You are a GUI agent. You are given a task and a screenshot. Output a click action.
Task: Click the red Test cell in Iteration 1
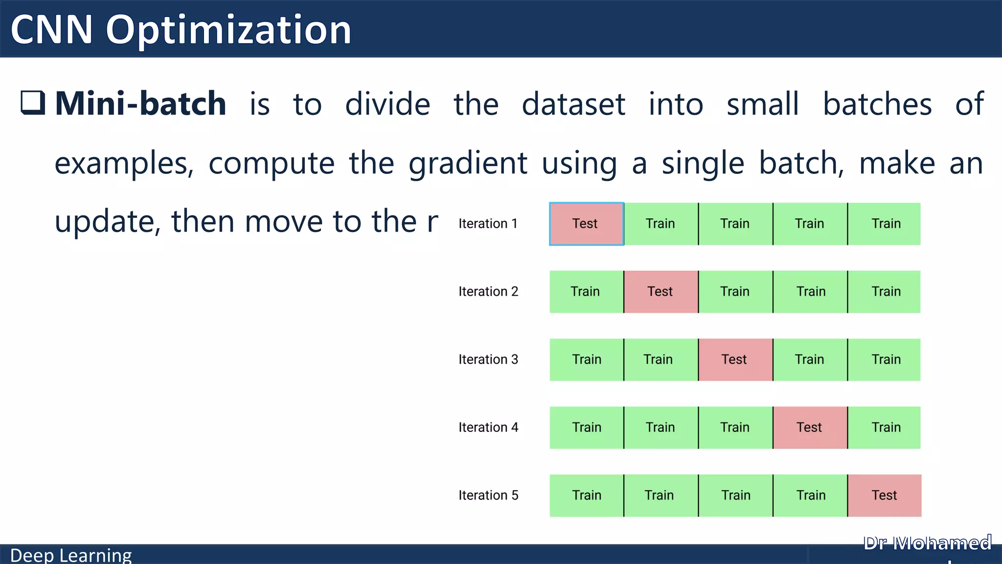[x=586, y=224]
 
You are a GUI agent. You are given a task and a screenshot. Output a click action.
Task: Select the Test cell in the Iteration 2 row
[x=660, y=292]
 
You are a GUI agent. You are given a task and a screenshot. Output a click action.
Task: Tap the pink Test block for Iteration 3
[x=735, y=360]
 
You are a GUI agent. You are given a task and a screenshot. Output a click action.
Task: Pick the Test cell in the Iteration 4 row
[x=810, y=427]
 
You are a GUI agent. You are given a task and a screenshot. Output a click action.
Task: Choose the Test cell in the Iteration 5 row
[x=884, y=495]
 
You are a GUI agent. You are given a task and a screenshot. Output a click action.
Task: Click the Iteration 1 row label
[x=488, y=224]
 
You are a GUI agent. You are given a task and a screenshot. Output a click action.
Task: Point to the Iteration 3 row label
[x=488, y=360]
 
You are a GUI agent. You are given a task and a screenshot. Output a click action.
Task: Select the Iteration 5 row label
[x=488, y=495]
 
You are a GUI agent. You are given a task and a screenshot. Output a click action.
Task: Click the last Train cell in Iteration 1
[x=885, y=224]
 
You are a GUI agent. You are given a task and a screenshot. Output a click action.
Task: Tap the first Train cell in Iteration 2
[x=586, y=292]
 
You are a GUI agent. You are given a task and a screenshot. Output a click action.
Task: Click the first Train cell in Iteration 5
[x=586, y=495]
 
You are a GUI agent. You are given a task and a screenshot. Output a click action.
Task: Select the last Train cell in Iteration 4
[x=885, y=427]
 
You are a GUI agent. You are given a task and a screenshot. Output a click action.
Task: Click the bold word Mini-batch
[x=140, y=104]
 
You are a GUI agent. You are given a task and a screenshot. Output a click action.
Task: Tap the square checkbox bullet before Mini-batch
[x=33, y=102]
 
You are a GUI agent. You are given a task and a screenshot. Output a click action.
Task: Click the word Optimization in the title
[x=228, y=30]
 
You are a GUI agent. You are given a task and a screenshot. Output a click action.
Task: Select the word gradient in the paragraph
[x=468, y=164]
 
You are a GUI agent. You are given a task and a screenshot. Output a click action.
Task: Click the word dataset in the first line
[x=573, y=104]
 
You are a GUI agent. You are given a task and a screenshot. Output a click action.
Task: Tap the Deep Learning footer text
[x=71, y=556]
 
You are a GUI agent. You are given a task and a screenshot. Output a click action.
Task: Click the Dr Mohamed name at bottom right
[x=927, y=543]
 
